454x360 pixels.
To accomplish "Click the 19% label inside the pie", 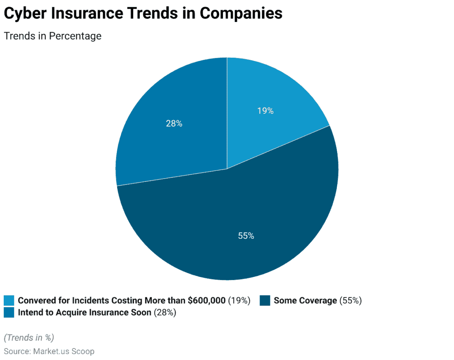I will pyautogui.click(x=265, y=111).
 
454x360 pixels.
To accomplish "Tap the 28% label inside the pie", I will pyautogui.click(x=174, y=123).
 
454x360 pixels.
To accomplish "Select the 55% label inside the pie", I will pyautogui.click(x=246, y=236).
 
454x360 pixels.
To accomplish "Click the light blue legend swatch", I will pyautogui.click(x=9, y=301).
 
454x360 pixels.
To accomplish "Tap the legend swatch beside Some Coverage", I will pyautogui.click(x=265, y=301).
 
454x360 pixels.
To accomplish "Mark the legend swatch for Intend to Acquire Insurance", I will pyautogui.click(x=9, y=313).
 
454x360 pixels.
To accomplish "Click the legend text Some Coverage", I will pyautogui.click(x=305, y=301).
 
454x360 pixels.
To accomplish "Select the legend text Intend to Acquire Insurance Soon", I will pyautogui.click(x=85, y=313).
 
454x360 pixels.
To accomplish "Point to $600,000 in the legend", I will pyautogui.click(x=206, y=301).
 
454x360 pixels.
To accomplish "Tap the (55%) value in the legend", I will pyautogui.click(x=350, y=301).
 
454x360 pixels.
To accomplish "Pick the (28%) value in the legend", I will pyautogui.click(x=165, y=313).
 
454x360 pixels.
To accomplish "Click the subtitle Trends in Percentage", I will pyautogui.click(x=52, y=36).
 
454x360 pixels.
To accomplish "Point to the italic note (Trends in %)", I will pyautogui.click(x=29, y=337).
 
